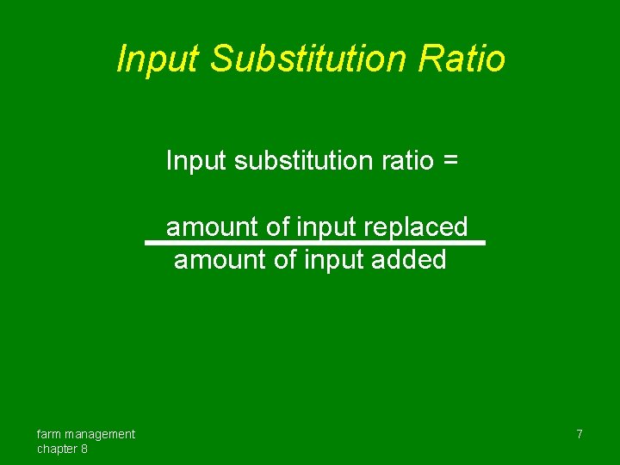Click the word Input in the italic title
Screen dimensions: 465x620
click(157, 59)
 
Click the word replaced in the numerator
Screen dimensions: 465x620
click(416, 227)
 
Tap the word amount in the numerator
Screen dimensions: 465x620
click(212, 227)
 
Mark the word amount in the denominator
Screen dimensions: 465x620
click(220, 259)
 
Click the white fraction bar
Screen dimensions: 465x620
click(315, 243)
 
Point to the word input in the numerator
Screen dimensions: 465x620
click(327, 227)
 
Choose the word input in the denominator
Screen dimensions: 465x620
click(335, 259)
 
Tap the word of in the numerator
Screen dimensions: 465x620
click(278, 227)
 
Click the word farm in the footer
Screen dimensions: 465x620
click(50, 434)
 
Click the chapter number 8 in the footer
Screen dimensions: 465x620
click(84, 449)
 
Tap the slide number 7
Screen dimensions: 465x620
click(580, 434)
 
